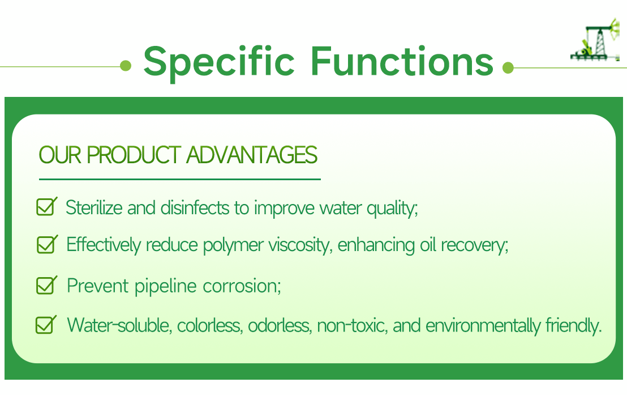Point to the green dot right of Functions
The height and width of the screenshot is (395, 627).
508,68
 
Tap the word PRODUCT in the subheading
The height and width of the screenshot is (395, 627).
134,155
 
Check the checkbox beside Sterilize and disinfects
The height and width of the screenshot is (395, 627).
46,207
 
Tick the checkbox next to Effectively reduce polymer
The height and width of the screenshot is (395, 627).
46,244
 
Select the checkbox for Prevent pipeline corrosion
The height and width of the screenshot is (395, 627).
46,284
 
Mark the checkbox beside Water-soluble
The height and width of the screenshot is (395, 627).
45,325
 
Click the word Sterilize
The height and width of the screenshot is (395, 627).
95,207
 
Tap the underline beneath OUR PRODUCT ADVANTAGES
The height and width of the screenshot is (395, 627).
180,179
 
